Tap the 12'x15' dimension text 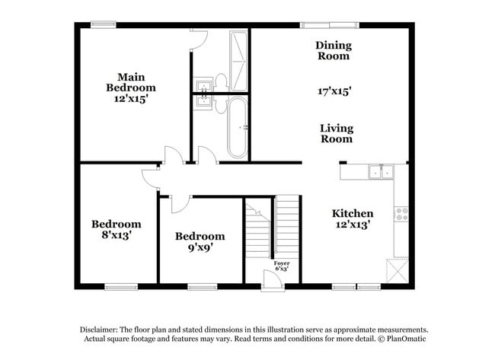[130, 99]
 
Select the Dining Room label [333, 50]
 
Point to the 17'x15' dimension [334, 91]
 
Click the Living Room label [336, 133]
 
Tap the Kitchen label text [353, 213]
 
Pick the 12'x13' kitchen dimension [353, 225]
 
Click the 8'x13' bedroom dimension [117, 236]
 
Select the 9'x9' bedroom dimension [200, 248]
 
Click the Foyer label [282, 263]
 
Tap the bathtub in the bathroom [238, 126]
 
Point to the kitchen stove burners [401, 213]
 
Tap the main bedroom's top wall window [104, 24]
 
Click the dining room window [318, 24]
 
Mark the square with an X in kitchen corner [398, 270]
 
